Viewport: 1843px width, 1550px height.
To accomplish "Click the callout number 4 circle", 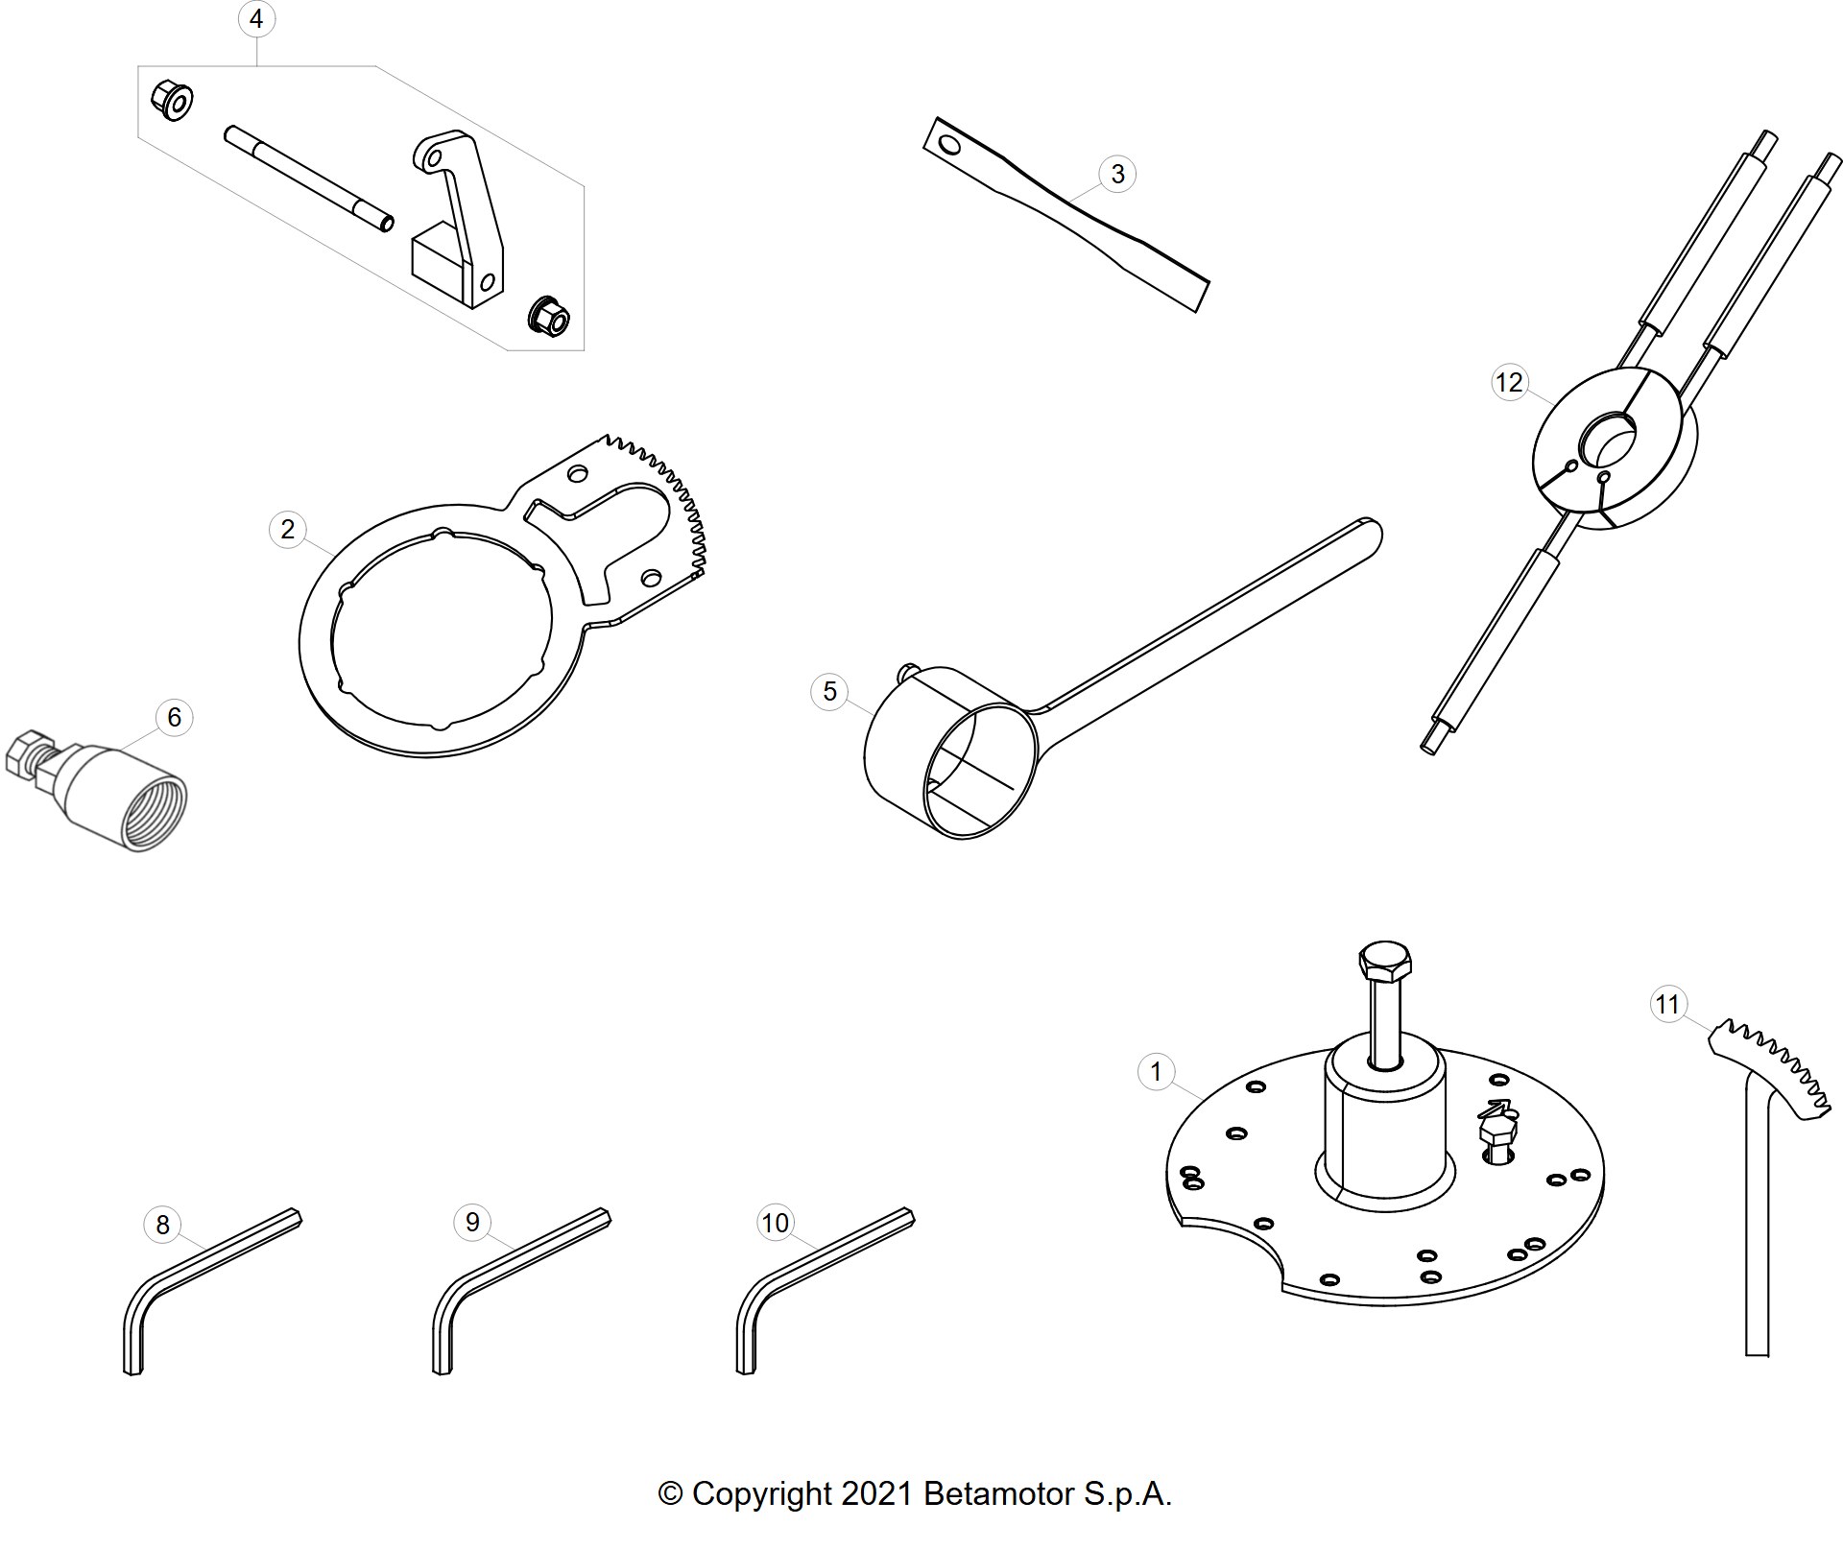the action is coord(255,19).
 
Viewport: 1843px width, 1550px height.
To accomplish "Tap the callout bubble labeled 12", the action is coord(1509,383).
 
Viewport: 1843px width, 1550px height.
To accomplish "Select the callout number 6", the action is coord(174,717).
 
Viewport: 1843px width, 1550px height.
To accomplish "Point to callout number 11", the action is coord(1668,1004).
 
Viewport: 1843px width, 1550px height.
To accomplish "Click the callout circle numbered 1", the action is coord(1156,1071).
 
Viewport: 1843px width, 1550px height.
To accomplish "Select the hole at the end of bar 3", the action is coord(949,145).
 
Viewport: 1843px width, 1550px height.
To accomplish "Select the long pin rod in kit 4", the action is coord(308,179).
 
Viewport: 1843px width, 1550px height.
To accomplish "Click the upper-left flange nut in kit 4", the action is coord(172,101).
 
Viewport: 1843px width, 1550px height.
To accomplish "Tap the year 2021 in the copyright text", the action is coord(876,1493).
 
